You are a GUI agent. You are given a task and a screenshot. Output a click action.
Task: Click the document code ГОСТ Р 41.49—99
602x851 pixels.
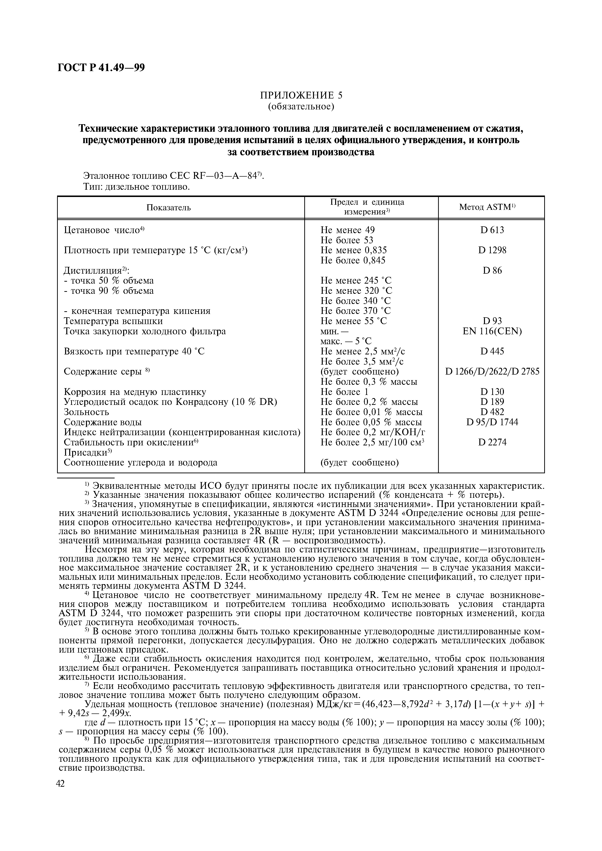pyautogui.click(x=101, y=67)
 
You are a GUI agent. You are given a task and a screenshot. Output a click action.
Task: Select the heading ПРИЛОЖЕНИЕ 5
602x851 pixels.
pyautogui.click(x=301, y=95)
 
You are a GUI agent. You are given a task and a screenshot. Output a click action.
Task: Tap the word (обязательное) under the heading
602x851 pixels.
pyautogui.click(x=301, y=107)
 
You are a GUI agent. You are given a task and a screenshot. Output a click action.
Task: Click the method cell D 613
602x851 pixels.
pyautogui.click(x=492, y=230)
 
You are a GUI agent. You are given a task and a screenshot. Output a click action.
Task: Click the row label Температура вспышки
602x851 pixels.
pyautogui.click(x=113, y=321)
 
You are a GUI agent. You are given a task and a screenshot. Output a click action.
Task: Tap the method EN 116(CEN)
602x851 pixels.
pyautogui.click(x=492, y=331)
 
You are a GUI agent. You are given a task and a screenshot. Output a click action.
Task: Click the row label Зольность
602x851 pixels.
pyautogui.click(x=86, y=412)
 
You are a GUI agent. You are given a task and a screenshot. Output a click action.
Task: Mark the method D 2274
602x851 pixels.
pyautogui.click(x=492, y=442)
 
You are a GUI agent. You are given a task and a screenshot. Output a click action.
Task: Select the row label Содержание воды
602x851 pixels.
pyautogui.click(x=103, y=422)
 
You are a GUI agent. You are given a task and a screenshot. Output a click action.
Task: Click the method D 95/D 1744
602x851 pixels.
pyautogui.click(x=492, y=422)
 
